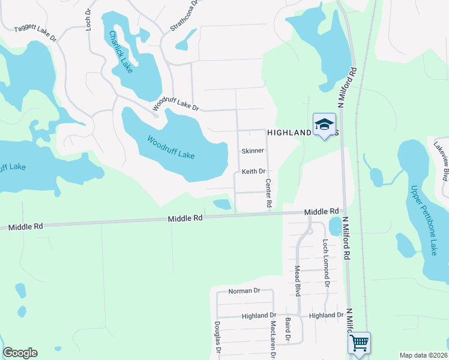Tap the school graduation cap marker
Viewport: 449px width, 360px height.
(x=324, y=124)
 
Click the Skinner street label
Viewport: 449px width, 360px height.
(x=253, y=151)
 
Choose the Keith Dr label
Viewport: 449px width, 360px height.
(x=253, y=172)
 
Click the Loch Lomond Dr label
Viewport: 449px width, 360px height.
(x=326, y=263)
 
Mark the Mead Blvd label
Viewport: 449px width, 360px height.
(x=297, y=281)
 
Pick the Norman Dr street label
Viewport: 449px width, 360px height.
(x=244, y=291)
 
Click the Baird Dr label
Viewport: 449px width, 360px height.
(x=288, y=330)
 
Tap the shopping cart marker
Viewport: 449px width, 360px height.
(x=359, y=343)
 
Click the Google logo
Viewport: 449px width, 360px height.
(x=20, y=353)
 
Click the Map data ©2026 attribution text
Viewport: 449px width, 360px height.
(x=423, y=355)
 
